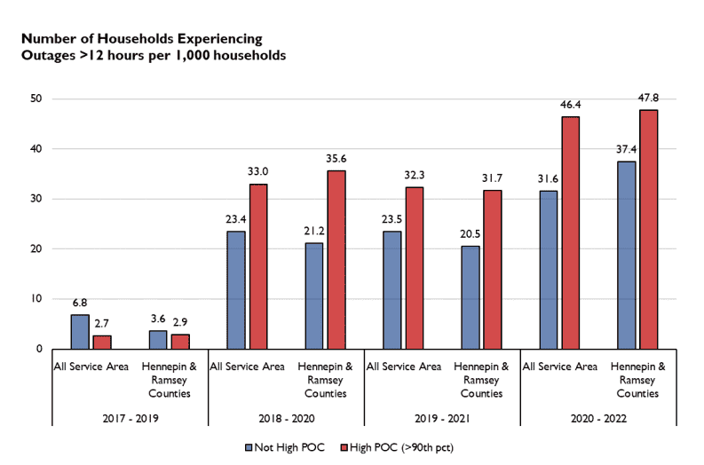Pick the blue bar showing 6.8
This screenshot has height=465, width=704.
point(80,332)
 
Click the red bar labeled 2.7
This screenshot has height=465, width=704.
point(101,342)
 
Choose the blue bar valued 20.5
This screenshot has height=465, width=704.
point(471,297)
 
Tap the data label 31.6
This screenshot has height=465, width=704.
point(548,179)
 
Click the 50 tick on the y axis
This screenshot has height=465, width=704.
point(37,99)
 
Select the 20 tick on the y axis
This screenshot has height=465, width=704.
point(37,249)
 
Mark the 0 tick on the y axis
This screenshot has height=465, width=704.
point(40,350)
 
